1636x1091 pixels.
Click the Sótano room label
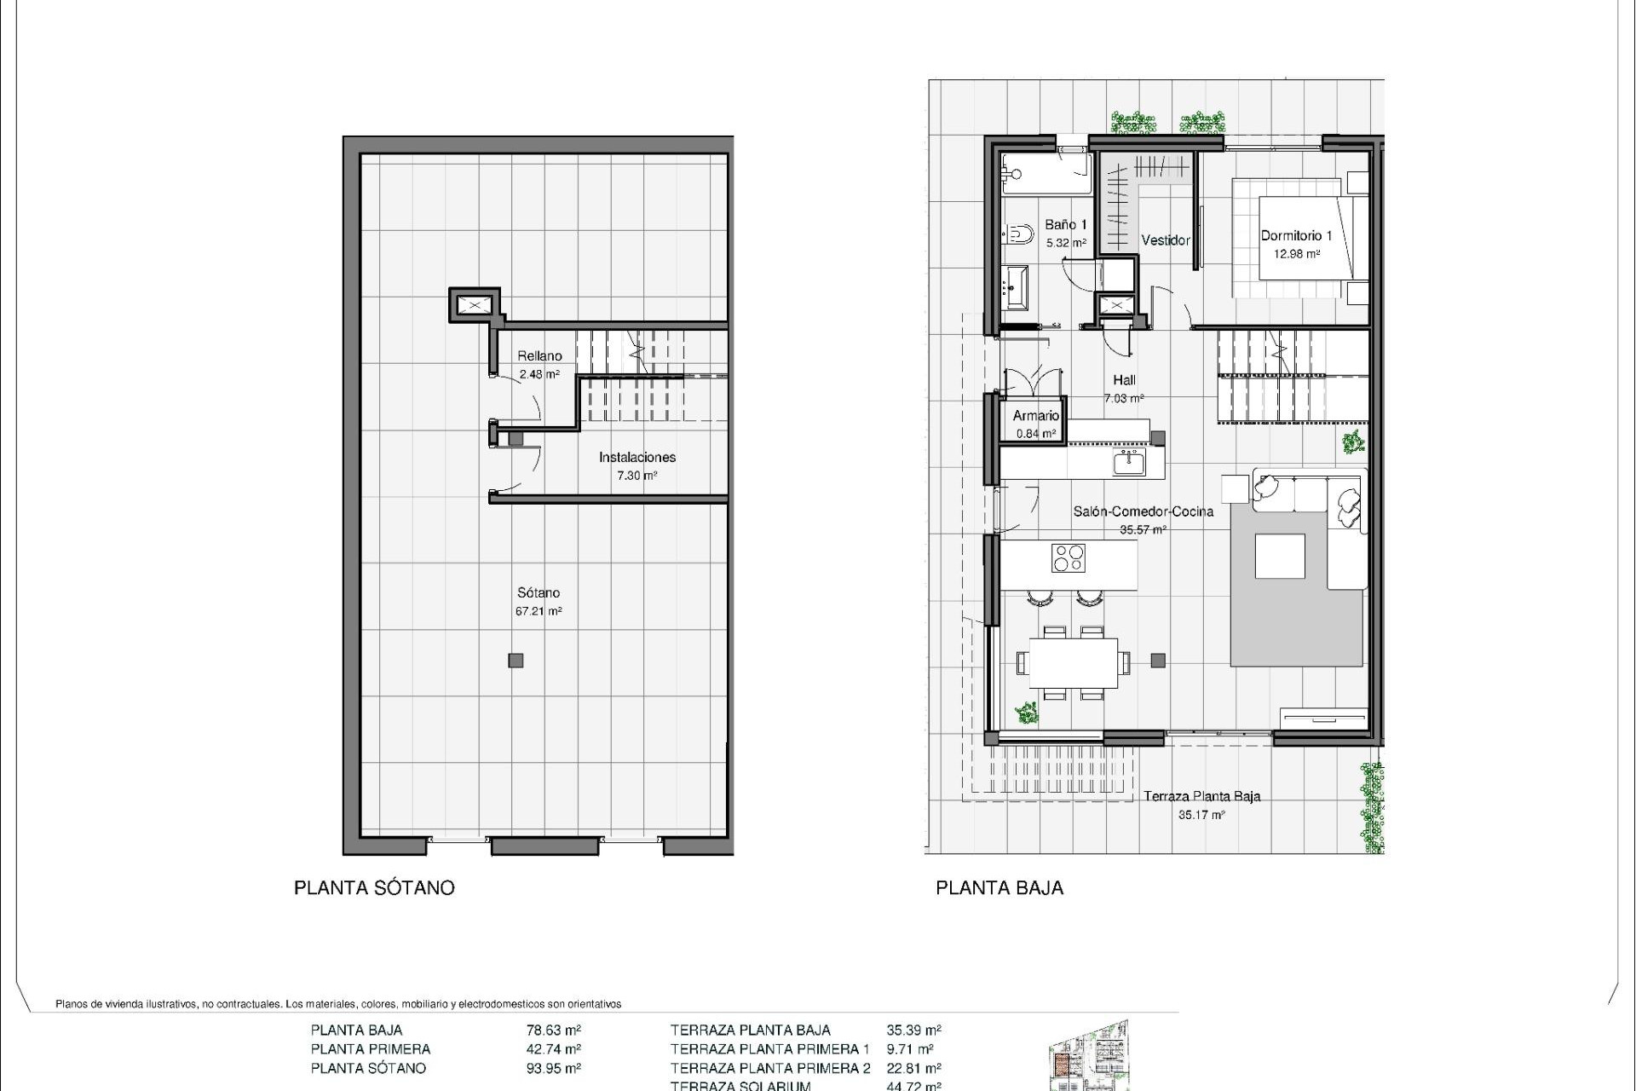click(539, 592)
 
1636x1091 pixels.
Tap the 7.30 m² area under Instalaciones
click(637, 476)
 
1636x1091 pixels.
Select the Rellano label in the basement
click(539, 355)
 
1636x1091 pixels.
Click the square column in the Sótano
click(516, 660)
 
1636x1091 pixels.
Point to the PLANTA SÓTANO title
click(374, 887)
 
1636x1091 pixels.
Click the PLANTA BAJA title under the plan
click(999, 887)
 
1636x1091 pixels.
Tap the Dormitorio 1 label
click(1296, 235)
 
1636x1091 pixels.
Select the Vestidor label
click(1165, 240)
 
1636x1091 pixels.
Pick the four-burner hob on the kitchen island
click(1068, 557)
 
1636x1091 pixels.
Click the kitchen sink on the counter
click(1129, 463)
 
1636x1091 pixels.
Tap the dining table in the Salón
click(1073, 662)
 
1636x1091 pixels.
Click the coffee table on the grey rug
click(1280, 556)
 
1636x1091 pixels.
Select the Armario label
click(1035, 416)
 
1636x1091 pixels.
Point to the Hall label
click(1124, 380)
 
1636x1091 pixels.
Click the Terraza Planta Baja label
click(1201, 796)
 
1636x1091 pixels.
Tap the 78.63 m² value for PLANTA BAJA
click(554, 1030)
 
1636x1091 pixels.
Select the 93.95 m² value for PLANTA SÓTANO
click(554, 1068)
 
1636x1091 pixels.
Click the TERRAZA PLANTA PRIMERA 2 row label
click(770, 1068)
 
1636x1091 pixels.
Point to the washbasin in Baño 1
click(1017, 287)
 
